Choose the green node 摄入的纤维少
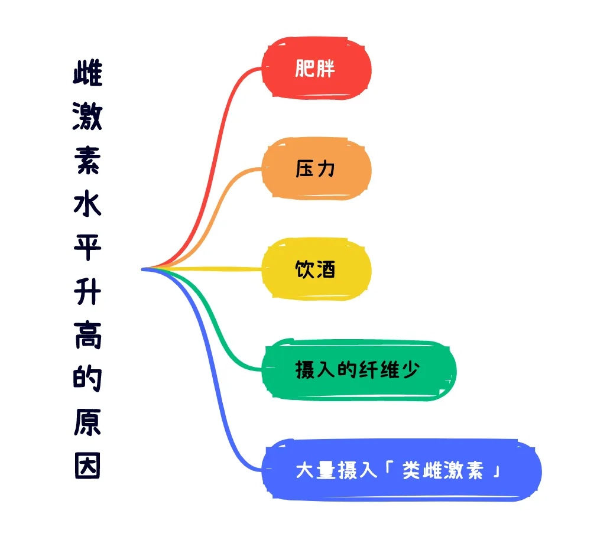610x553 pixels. [x=358, y=370]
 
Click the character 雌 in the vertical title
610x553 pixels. [x=88, y=74]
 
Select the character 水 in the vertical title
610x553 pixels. [x=88, y=204]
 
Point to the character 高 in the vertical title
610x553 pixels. [x=88, y=335]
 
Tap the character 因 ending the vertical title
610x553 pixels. [x=88, y=466]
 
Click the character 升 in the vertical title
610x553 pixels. [x=88, y=292]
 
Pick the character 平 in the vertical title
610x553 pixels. [x=88, y=248]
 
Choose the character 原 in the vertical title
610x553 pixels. [x=88, y=422]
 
